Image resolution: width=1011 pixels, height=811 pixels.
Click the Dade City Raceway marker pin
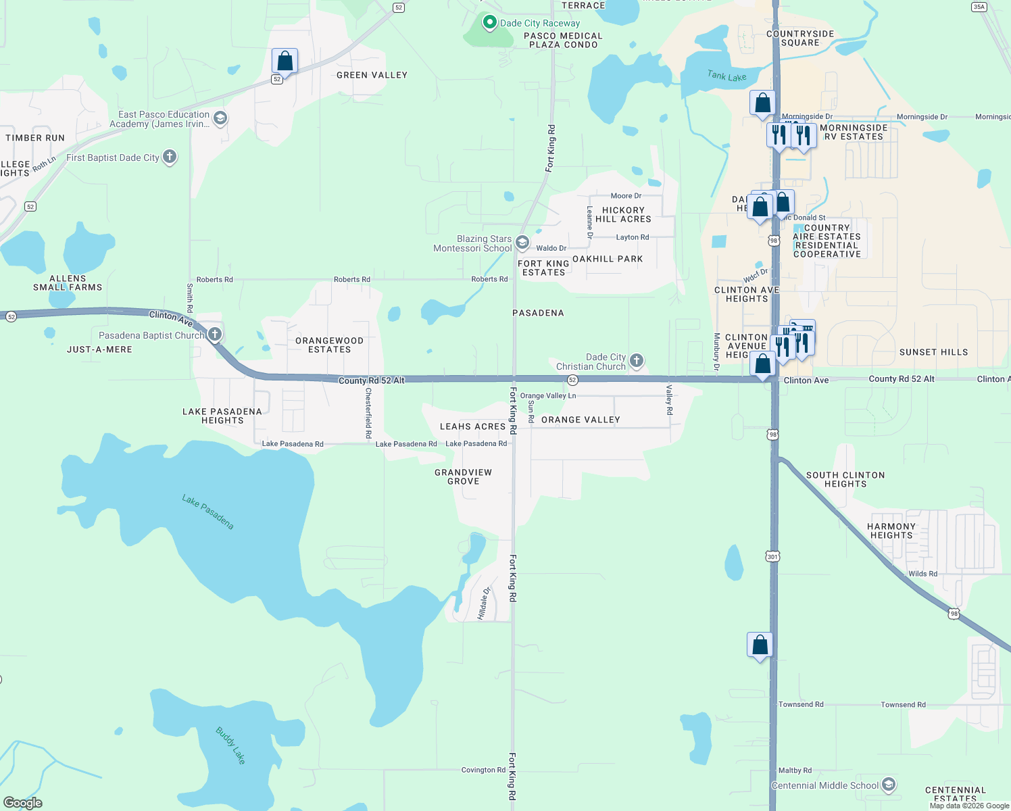489,22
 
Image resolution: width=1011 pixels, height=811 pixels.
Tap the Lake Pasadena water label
207,512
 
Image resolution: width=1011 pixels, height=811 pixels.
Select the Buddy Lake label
230,745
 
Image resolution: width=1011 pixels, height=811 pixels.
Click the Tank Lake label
726,76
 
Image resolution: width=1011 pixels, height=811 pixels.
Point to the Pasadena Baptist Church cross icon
215,334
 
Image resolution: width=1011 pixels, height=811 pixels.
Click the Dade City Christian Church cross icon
637,360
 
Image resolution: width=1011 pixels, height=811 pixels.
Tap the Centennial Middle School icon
889,785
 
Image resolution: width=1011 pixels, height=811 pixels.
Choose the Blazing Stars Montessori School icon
522,242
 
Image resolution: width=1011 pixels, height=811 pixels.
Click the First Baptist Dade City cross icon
170,157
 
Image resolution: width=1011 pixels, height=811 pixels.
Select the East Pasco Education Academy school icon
220,118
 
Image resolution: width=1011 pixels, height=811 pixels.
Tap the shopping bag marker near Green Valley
285,62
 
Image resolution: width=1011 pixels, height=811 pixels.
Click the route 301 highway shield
773,557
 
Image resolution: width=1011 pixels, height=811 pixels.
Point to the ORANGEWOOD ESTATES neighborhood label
329,345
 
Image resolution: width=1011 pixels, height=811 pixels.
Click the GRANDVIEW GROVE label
463,476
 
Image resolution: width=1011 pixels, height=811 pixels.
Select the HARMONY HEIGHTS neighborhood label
891,531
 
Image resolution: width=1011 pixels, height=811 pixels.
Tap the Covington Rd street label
483,770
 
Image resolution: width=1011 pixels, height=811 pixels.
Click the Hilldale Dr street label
483,603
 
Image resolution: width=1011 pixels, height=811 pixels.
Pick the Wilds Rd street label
922,574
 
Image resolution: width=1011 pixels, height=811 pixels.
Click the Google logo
23,803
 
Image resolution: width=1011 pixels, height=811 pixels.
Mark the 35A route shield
979,7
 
